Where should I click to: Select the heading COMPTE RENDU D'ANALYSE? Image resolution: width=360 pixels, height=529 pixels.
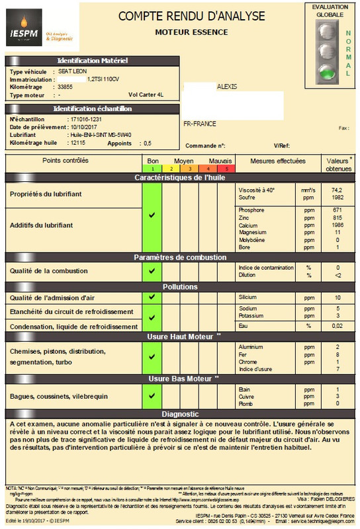click(191, 16)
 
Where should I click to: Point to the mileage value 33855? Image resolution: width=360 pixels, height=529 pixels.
click(66, 87)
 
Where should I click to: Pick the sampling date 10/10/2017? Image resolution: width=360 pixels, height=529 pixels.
click(85, 126)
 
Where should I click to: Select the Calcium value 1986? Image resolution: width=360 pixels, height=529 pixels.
click(337, 225)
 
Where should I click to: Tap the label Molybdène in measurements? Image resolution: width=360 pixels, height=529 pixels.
click(252, 240)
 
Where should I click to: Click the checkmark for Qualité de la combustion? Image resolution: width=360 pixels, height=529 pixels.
click(152, 270)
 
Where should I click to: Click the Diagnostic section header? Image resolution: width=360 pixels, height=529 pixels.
click(180, 413)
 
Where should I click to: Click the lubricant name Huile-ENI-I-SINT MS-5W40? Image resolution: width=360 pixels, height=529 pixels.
click(101, 134)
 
